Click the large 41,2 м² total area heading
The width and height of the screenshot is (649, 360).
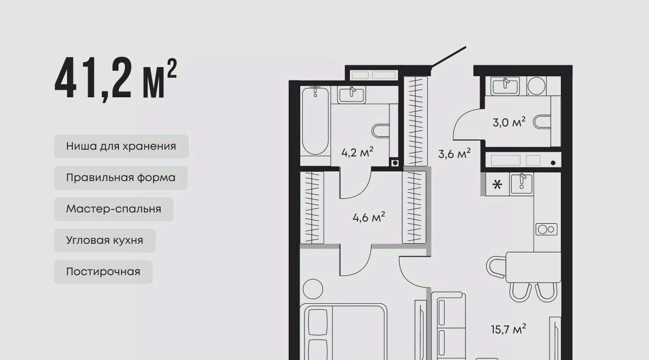pos(116,79)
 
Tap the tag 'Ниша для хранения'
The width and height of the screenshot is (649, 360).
pos(121,146)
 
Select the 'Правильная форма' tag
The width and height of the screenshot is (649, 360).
pos(121,177)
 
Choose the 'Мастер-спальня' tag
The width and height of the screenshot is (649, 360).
pos(114,209)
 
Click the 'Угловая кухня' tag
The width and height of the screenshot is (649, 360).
pos(104,240)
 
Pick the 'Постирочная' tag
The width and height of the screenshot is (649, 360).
pos(103,272)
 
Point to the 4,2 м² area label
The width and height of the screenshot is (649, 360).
pos(357,152)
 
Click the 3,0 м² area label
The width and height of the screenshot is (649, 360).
pos(509,122)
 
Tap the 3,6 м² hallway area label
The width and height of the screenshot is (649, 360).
pos(454,154)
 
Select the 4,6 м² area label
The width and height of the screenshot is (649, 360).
pos(369,217)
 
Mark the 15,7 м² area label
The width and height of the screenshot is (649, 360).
pos(508,329)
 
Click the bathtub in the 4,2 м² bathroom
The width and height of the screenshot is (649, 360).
pos(315,121)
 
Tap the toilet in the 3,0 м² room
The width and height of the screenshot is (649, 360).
pos(542,122)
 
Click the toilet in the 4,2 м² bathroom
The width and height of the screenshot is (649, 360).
pos(381,131)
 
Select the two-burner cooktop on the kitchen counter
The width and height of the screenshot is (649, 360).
pos(546,229)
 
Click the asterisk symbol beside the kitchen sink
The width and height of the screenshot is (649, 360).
pos(497,184)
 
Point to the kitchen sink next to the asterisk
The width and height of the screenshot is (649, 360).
pos(521,184)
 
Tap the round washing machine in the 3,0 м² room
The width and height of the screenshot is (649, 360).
pos(537,86)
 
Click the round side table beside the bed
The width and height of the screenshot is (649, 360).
pos(313,289)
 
